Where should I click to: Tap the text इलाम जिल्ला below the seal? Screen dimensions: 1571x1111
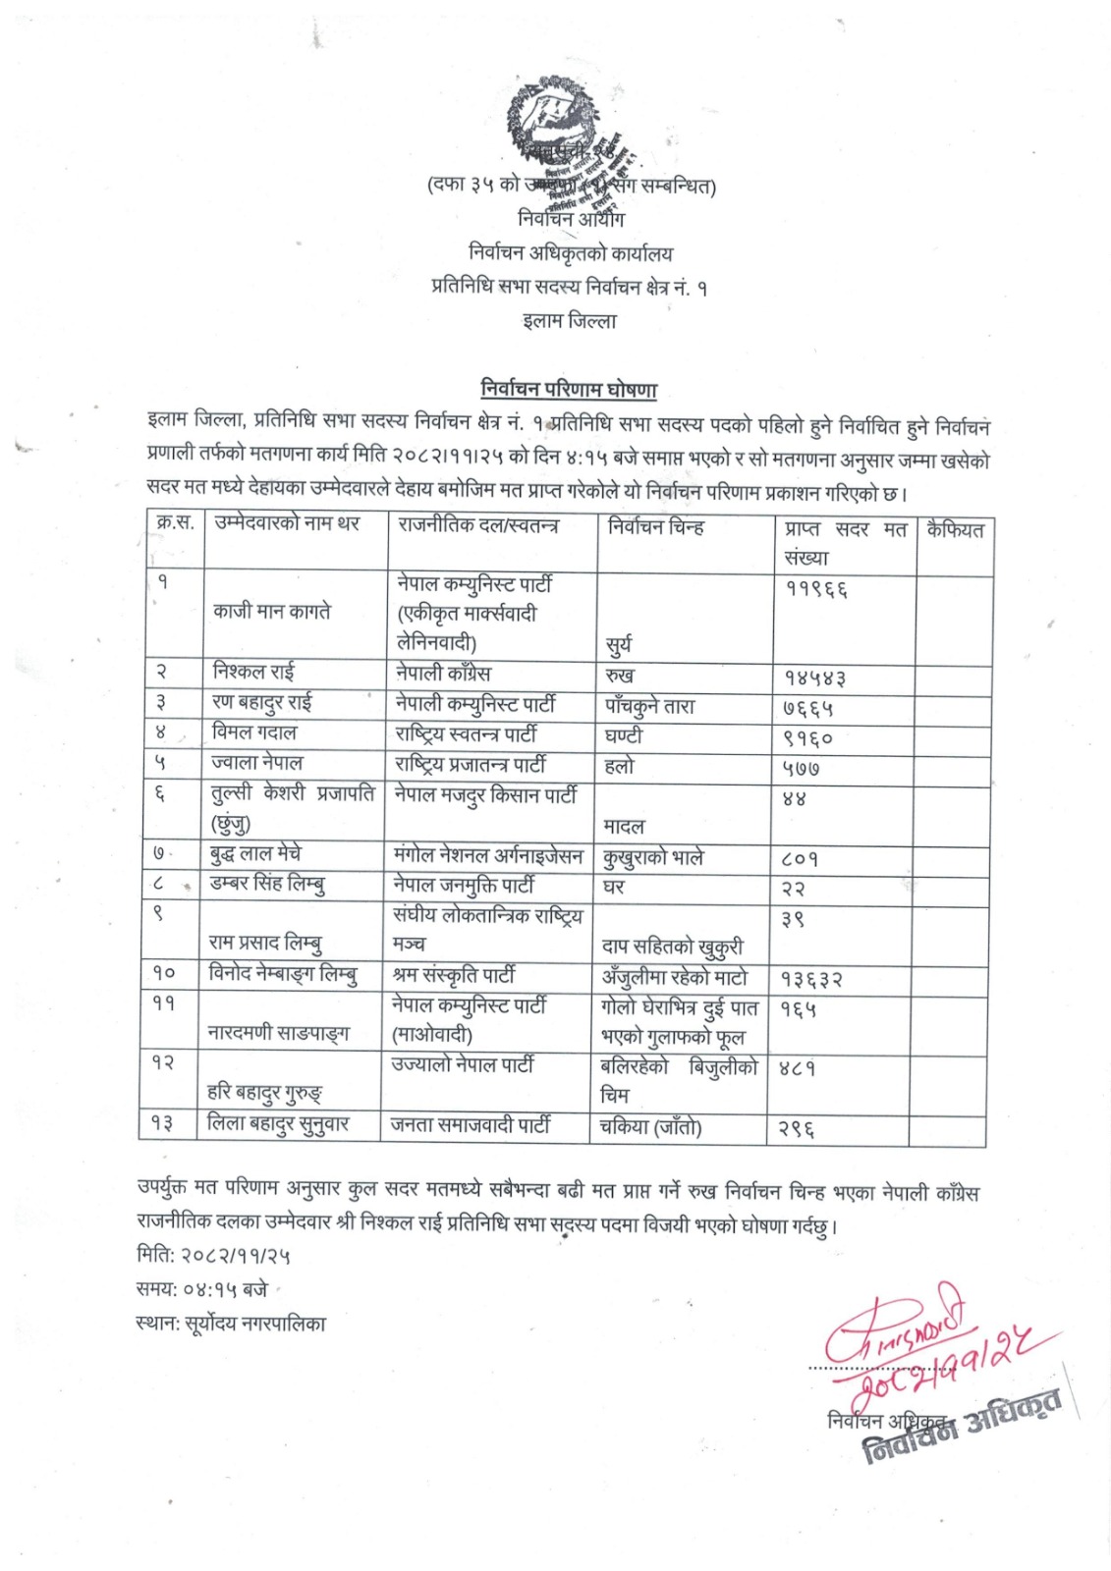(569, 321)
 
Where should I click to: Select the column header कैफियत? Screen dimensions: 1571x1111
(954, 531)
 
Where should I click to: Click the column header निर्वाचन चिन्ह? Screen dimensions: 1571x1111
(655, 527)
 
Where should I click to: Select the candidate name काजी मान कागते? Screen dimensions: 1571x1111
(272, 612)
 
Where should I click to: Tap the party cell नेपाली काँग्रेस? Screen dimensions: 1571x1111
(442, 674)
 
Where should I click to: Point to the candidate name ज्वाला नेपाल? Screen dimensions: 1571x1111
(256, 763)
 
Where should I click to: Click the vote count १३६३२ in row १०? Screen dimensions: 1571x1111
(811, 979)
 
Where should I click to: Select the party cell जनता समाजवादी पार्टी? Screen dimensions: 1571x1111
(471, 1125)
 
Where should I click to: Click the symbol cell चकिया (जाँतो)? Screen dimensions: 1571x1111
(650, 1127)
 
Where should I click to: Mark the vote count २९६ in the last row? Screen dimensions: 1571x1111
(797, 1130)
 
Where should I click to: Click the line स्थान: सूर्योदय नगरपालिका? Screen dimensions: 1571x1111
(231, 1324)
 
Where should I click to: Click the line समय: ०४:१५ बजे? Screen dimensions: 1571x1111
(201, 1289)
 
